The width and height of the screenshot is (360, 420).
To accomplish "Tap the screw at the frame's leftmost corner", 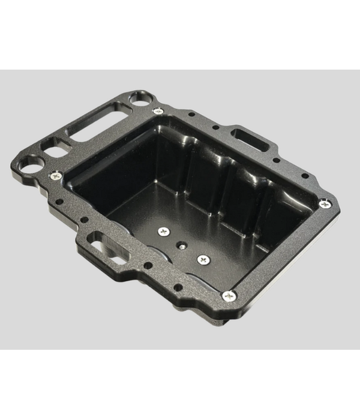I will [55, 175].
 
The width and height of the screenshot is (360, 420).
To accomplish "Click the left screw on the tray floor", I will [163, 232].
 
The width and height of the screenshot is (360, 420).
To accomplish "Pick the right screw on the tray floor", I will [202, 259].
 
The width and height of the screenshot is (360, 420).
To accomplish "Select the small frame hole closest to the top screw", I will [191, 113].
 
